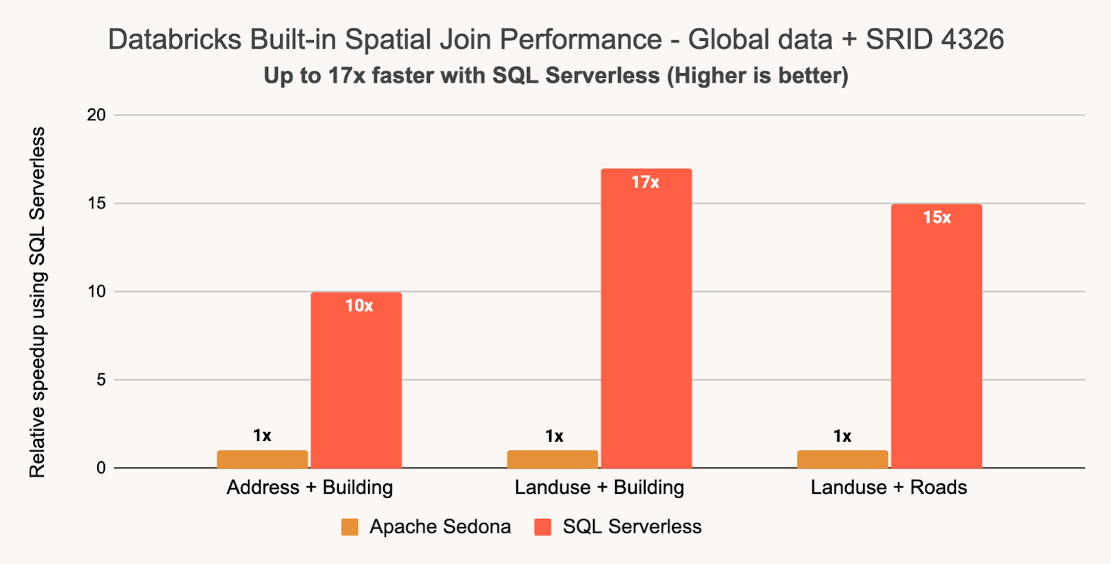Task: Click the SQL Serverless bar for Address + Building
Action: coord(356,382)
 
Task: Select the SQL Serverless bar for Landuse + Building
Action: coord(646,320)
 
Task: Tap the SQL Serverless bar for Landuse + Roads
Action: coord(936,337)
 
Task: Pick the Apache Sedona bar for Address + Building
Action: coord(262,459)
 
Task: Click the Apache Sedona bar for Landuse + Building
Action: coord(553,459)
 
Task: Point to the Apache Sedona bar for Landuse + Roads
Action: coord(842,459)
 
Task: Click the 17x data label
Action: coord(645,183)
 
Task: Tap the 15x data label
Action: coord(937,218)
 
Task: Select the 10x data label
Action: coord(359,306)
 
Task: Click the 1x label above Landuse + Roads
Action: coord(842,436)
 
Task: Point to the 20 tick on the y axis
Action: coord(97,115)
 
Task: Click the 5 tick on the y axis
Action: coord(101,380)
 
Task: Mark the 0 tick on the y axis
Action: coord(101,468)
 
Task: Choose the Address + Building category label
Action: coord(310,488)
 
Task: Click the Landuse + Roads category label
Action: coord(889,488)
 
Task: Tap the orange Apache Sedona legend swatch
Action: coord(350,527)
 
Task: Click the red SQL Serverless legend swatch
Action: coord(543,527)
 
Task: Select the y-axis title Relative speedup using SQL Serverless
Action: coord(37,302)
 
